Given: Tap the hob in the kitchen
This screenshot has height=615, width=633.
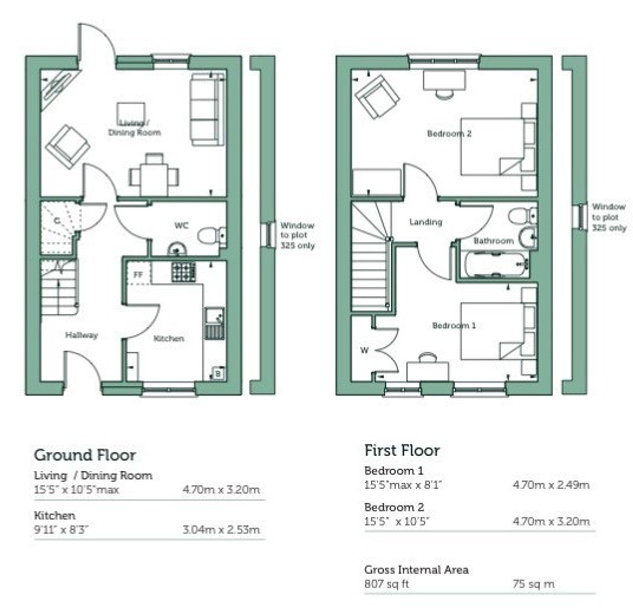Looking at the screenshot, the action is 183,271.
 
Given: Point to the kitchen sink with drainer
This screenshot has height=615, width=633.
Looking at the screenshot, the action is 214,323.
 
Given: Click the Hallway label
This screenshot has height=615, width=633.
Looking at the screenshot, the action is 82,335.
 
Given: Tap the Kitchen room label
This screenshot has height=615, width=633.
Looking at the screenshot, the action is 169,338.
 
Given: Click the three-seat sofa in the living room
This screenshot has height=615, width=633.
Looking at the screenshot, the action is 207,110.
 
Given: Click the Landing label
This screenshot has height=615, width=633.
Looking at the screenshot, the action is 426,222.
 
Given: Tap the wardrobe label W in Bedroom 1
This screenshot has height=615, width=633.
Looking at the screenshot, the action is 364,350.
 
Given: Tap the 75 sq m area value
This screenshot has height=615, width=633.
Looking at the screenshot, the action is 533,584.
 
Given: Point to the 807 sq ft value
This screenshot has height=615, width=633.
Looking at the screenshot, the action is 387,584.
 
